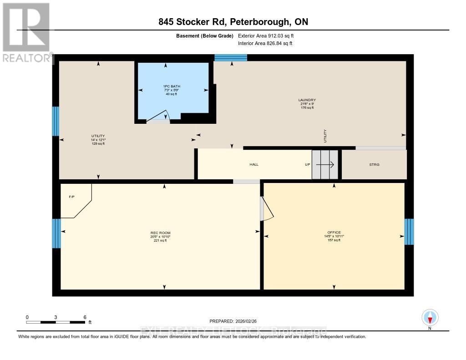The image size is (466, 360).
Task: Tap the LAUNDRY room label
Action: click(x=307, y=100)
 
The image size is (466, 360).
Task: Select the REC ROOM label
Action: click(x=160, y=233)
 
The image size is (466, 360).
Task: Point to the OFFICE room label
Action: click(x=334, y=233)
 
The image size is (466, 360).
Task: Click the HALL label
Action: click(x=254, y=164)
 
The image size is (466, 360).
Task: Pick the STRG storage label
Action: click(x=375, y=164)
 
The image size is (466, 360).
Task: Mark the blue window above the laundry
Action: click(x=231, y=57)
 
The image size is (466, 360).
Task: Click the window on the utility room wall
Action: click(x=56, y=121)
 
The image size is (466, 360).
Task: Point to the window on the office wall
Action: click(x=409, y=232)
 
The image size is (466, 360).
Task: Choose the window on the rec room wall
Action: click(x=56, y=233)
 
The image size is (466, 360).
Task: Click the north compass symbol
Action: click(x=430, y=317)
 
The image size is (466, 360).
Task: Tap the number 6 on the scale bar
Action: click(x=85, y=317)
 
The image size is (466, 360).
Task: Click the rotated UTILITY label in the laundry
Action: click(x=325, y=136)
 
